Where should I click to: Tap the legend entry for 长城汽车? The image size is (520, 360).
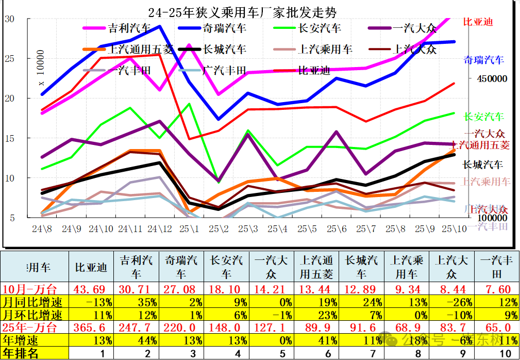(225, 50)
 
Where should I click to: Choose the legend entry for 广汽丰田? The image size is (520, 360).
(225, 70)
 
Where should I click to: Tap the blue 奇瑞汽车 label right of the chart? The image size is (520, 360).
(483, 59)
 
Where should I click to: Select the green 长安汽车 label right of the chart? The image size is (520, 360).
(483, 117)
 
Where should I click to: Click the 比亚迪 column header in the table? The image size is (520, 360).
(91, 267)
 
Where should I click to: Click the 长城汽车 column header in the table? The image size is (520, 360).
(361, 267)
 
